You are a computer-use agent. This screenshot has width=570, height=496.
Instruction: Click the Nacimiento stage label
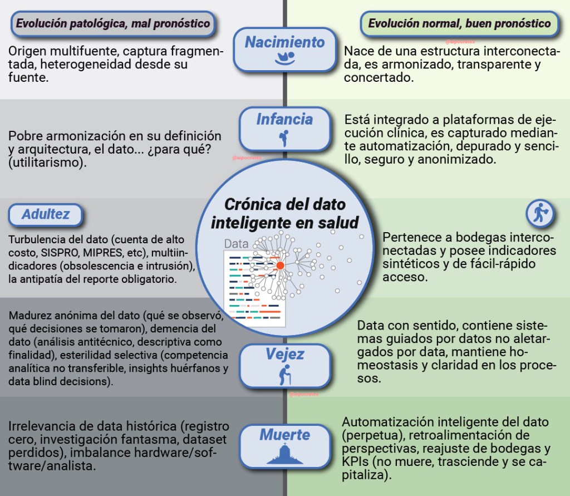click(284, 42)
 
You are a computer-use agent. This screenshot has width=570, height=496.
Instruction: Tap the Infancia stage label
click(284, 119)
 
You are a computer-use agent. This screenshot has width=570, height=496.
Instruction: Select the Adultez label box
click(46, 214)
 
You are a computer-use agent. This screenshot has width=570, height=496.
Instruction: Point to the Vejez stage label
click(284, 355)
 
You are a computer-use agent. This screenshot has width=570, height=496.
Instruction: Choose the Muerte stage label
click(284, 435)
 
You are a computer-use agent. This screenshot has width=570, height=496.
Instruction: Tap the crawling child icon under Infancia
click(284, 137)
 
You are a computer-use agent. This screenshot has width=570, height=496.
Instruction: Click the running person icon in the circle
click(539, 212)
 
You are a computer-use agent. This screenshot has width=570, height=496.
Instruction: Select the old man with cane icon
click(284, 375)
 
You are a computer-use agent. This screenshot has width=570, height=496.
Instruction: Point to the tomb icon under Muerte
click(284, 454)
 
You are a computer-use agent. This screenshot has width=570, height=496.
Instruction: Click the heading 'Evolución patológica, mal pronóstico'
click(113, 23)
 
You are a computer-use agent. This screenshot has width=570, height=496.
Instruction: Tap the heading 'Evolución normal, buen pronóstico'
click(459, 23)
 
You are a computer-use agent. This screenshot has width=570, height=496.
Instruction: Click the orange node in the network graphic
click(280, 266)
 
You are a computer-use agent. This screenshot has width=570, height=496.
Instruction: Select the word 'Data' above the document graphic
click(236, 243)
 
